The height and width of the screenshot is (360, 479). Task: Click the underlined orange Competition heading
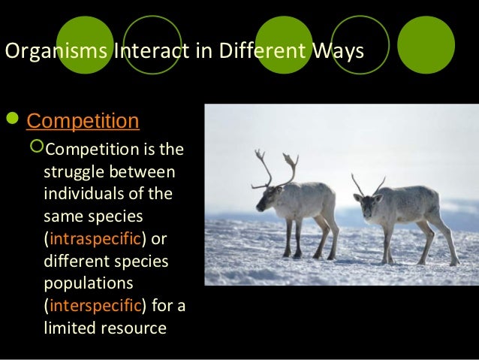coord(83,121)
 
